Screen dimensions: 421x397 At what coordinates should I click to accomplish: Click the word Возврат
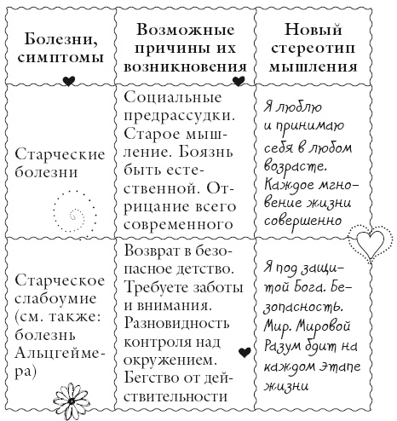(153, 251)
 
